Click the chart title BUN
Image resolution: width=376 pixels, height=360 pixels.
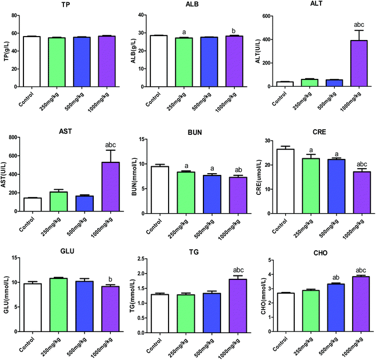tap(189, 130)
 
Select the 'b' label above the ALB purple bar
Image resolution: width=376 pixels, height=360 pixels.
tap(215, 29)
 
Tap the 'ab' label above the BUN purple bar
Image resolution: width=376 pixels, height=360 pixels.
tap(215, 170)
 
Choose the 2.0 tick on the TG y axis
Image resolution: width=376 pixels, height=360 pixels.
tap(134, 273)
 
